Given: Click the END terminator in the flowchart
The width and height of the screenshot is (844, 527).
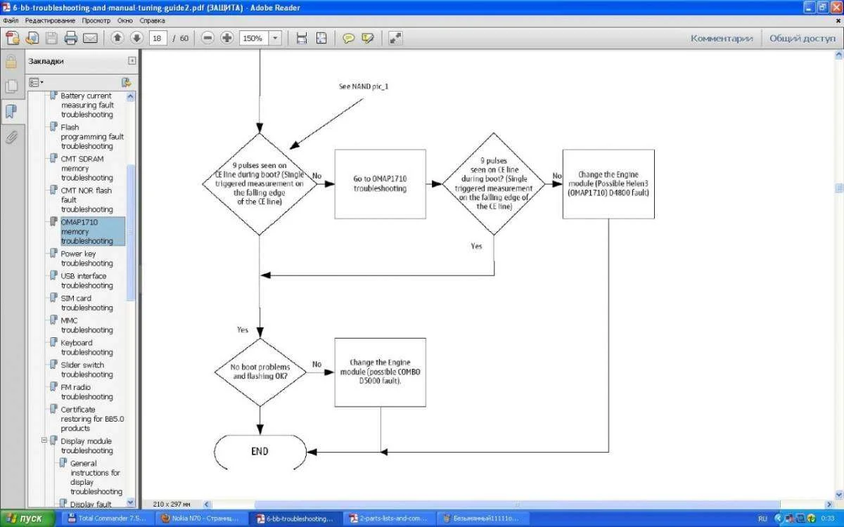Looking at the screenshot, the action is point(260,452).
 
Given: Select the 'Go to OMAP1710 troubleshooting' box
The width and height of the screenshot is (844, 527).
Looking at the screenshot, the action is point(381,184).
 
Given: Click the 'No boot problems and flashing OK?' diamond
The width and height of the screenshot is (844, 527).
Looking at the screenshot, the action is point(260,372).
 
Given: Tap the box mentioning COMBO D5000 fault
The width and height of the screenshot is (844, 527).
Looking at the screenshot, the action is point(381,372).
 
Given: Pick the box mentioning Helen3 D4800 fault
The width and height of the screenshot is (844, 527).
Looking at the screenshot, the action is point(608,184).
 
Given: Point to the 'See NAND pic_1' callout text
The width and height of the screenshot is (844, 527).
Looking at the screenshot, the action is point(364,86).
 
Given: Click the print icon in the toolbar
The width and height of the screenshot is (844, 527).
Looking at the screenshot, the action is point(70,38).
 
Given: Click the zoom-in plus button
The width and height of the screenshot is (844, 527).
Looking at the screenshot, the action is point(226,38).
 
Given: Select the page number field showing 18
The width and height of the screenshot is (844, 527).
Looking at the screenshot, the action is point(158,38).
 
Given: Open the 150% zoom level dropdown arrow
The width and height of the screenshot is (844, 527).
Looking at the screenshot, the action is point(275,38).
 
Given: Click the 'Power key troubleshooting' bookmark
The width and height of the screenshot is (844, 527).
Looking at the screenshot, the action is point(87,259).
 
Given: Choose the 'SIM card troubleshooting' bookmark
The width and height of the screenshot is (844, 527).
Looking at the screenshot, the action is point(87,303).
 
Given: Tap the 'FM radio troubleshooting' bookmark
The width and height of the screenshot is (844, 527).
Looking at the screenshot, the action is point(87,391).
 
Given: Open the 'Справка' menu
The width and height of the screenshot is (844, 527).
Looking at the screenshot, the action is point(152,20).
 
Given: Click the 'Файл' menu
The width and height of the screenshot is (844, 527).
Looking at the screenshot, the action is point(11,20).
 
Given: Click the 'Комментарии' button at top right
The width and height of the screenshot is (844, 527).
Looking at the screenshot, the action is point(722,39).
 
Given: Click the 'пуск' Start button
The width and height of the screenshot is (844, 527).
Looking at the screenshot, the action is point(27,519).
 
